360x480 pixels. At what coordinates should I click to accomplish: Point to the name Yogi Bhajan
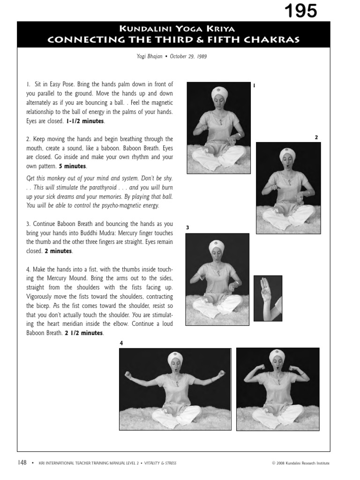(150, 57)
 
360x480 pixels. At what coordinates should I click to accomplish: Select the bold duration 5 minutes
(73, 166)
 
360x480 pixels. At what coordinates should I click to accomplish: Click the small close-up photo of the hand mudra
(268, 298)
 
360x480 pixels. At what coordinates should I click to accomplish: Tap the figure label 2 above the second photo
(316, 137)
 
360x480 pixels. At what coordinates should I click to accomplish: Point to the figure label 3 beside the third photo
(187, 228)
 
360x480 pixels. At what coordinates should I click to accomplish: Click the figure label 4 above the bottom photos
(121, 344)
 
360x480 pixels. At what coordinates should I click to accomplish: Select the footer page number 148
(22, 463)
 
